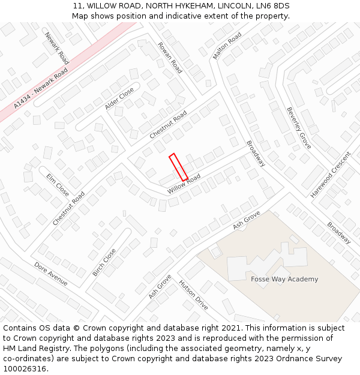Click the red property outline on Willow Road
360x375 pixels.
pos(178,167)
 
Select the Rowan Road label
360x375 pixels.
pos(170,58)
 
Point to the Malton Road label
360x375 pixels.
pos(227,46)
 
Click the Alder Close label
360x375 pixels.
pos(119,98)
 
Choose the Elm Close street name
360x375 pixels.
pos(58,185)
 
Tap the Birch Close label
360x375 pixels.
pos(104,262)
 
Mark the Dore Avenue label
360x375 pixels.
pos(50,274)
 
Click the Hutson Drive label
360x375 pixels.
pos(193,295)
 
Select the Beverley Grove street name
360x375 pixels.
pos(298,128)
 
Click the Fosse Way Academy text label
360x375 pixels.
pos(284,279)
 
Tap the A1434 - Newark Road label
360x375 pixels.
pos(40,92)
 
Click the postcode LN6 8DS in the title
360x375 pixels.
pos(273,6)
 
